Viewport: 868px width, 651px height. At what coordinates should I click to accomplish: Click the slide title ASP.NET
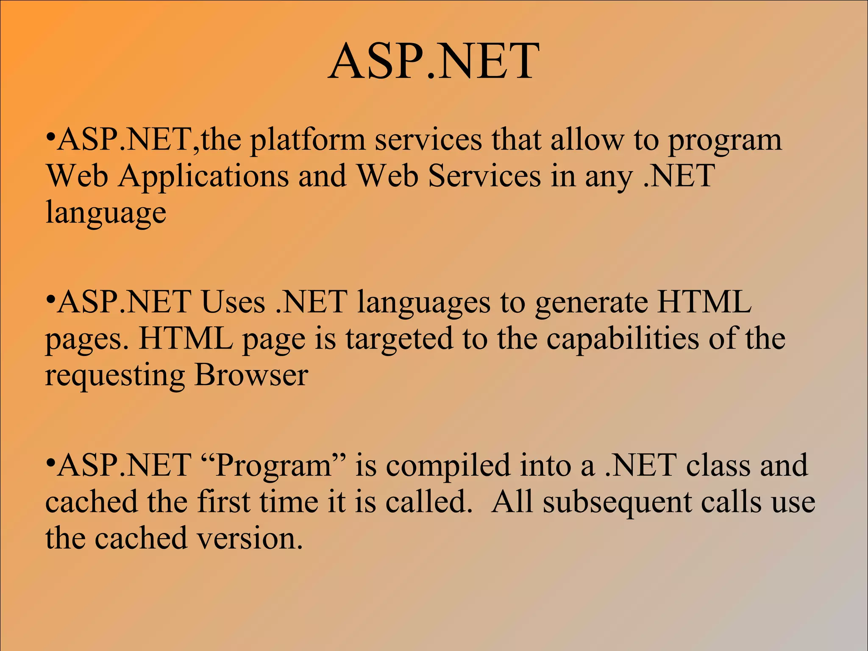434,62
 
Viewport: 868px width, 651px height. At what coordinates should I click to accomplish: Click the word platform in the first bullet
307,140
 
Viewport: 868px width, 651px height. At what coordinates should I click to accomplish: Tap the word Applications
203,176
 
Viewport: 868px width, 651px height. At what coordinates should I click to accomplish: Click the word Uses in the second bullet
233,302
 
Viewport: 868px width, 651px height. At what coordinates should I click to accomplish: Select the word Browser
251,376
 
